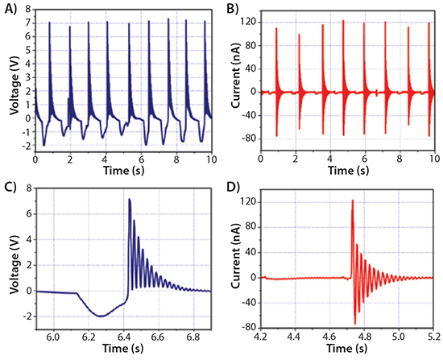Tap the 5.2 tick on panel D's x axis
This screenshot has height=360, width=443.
click(432, 330)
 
